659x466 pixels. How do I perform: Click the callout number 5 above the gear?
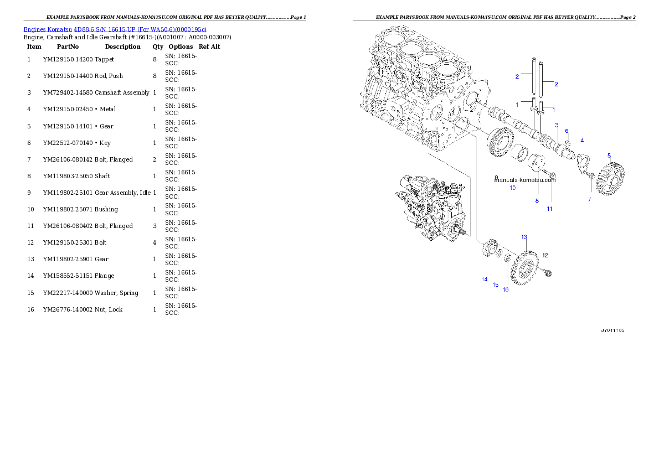609,156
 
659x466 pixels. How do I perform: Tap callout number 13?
524,237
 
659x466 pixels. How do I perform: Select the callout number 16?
505,289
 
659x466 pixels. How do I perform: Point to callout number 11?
549,209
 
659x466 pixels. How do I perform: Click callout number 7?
589,199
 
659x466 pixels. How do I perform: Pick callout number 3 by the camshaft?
556,125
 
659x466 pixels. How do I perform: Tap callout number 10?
512,188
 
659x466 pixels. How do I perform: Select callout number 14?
484,279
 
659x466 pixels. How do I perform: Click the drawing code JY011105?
612,330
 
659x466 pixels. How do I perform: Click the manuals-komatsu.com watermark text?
524,180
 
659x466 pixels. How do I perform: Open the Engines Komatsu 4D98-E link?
115,29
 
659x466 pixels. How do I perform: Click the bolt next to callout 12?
549,272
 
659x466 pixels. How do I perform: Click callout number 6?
567,131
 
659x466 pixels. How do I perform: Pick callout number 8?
537,201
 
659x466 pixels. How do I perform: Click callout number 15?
496,285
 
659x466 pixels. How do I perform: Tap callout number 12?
545,255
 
